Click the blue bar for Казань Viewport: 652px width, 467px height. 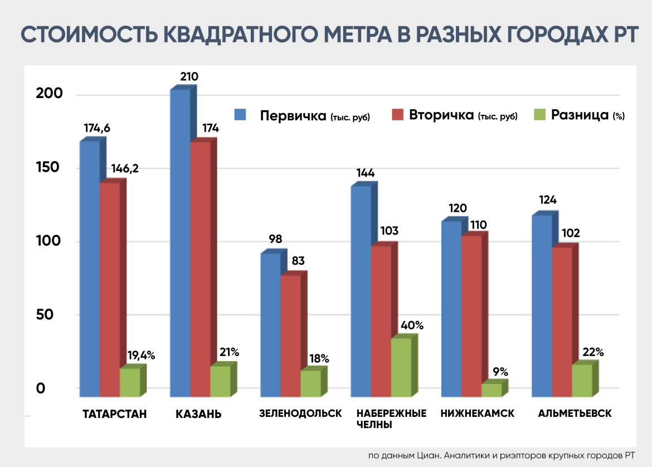(180, 242)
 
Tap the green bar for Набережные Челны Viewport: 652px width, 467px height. (401, 367)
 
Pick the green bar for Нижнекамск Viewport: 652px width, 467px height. (491, 390)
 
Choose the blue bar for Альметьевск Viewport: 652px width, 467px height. (542, 306)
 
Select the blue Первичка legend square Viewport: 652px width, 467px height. (241, 115)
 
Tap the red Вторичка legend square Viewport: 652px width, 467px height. (397, 115)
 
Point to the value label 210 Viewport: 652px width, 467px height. (189, 77)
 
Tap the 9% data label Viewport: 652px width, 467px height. (500, 372)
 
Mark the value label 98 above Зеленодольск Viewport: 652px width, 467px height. (274, 240)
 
